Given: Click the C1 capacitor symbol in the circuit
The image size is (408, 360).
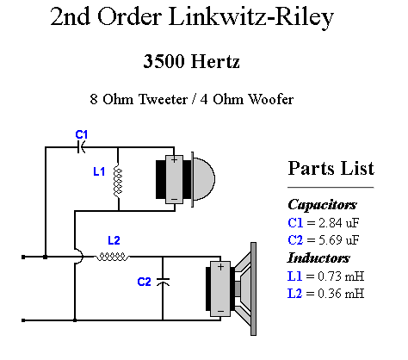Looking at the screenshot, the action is [x=81, y=147].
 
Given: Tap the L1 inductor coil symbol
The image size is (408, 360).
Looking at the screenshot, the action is [x=118, y=182].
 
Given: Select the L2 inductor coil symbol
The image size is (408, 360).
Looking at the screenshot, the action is [x=112, y=257].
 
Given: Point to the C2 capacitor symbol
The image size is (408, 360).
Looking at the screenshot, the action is [x=163, y=282].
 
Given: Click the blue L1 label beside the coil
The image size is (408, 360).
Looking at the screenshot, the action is [x=99, y=171].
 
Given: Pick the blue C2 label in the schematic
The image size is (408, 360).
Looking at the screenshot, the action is [x=144, y=282].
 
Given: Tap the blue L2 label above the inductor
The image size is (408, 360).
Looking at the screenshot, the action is [x=114, y=240].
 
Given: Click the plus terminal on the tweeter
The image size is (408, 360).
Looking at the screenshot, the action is [x=174, y=159].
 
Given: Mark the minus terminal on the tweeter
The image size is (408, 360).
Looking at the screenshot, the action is [x=174, y=199].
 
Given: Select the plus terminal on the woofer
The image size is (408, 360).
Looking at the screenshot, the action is [x=220, y=267].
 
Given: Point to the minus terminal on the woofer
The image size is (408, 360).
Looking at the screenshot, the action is [x=220, y=311].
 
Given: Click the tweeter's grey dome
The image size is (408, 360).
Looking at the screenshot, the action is [x=204, y=178].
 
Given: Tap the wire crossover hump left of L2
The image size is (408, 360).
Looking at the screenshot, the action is [x=79, y=256].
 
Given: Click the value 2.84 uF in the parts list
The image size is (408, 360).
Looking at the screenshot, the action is [x=339, y=223].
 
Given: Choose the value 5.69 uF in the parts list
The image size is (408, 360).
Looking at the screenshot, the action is [x=339, y=240].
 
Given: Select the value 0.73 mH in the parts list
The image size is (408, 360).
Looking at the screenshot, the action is [x=341, y=276].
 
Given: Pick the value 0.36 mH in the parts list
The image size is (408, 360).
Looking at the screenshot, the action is [x=341, y=294].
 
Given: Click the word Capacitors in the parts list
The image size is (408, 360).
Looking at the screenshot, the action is [x=322, y=205].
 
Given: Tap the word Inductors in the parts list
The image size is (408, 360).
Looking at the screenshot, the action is [x=318, y=258].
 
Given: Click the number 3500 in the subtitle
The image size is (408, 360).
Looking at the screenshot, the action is [x=164, y=61].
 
